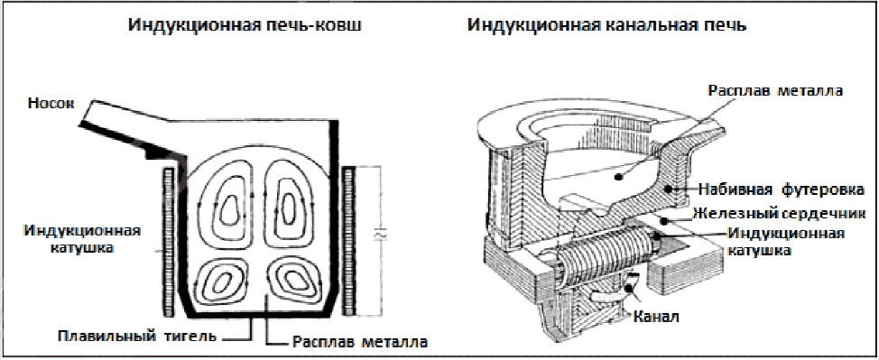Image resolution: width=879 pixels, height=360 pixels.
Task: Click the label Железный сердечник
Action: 779,214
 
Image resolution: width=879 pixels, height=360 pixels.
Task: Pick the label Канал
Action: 656,317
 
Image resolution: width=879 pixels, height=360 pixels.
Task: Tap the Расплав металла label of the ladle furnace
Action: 361,341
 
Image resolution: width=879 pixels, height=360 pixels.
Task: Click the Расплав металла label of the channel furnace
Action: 775,91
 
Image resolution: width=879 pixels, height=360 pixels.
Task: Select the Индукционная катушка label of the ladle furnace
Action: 82,238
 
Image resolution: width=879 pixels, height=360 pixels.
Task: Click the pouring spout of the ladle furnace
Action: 129,128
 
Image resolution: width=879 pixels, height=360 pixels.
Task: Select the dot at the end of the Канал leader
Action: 631,289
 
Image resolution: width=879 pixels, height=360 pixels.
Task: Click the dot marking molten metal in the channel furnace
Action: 618,177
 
